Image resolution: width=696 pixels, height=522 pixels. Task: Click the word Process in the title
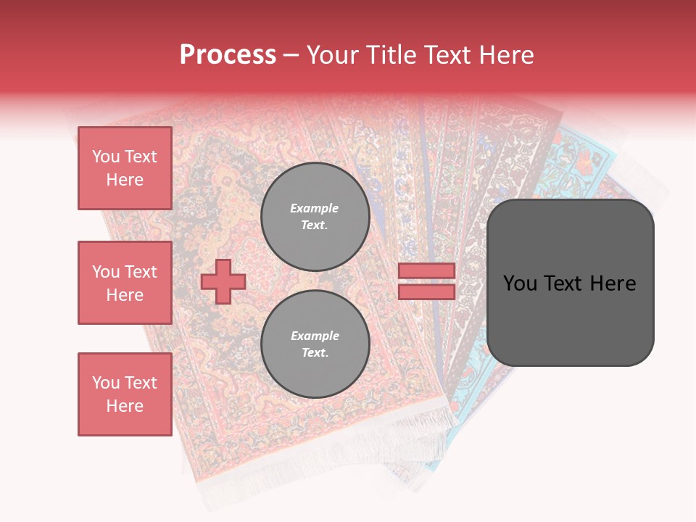click(228, 55)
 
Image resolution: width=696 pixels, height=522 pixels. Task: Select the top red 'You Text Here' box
click(125, 168)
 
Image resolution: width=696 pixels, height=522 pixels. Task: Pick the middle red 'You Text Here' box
click(125, 283)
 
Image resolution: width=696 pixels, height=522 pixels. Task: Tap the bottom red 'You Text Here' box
click(125, 394)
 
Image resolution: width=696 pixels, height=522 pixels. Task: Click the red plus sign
click(223, 281)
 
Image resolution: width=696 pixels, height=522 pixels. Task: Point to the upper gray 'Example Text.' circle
click(315, 216)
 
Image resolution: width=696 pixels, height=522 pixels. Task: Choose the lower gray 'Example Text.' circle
click(315, 344)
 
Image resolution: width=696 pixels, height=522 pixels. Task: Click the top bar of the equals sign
click(426, 271)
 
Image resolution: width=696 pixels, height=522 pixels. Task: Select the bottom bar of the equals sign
click(426, 291)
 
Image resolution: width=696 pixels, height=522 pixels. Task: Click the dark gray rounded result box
click(570, 319)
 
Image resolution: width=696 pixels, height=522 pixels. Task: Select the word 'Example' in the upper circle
click(315, 208)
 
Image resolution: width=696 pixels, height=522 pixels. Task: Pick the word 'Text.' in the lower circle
click(315, 353)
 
